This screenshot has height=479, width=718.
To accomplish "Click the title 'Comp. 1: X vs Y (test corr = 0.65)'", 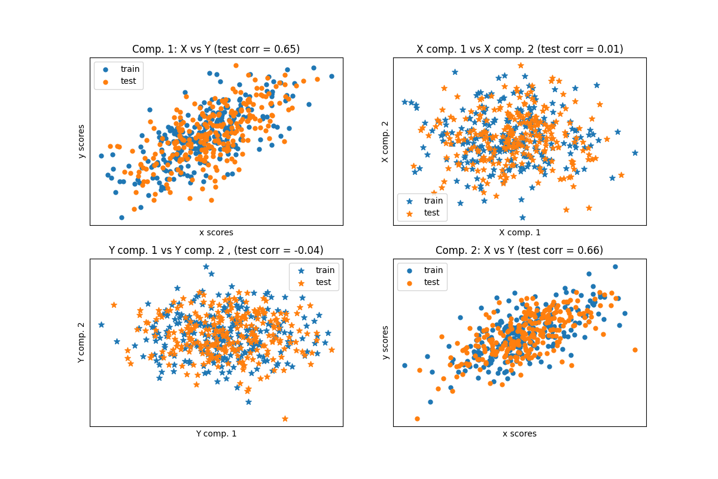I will (216, 49).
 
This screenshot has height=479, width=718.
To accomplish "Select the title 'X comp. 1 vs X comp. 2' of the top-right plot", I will (519, 49).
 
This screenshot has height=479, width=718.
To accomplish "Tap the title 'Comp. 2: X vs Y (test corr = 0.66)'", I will (519, 250).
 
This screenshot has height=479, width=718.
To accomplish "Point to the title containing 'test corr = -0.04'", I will (216, 250).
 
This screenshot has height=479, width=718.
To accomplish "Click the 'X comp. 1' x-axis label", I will (519, 232).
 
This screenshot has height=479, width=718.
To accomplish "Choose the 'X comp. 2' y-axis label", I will (385, 141).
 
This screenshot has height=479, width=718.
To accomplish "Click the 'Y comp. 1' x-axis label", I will (216, 433).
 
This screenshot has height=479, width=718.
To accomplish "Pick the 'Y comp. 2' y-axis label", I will (82, 342).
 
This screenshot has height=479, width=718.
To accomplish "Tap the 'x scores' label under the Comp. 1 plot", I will (216, 232).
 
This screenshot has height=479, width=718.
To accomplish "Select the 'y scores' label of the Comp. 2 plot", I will (385, 342).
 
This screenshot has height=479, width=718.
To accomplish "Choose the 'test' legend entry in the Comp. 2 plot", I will (433, 282).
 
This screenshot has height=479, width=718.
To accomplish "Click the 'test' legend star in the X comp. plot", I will (410, 213).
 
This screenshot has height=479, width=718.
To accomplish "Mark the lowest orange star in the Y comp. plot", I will (285, 419).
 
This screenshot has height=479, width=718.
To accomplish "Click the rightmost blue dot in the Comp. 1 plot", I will (331, 76).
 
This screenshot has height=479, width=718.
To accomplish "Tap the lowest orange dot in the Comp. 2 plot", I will (417, 419).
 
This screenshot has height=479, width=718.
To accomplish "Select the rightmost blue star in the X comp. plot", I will (635, 153).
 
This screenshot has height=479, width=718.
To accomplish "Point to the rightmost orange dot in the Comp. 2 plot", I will (635, 350).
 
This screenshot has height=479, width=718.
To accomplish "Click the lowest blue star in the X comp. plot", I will (522, 217).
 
